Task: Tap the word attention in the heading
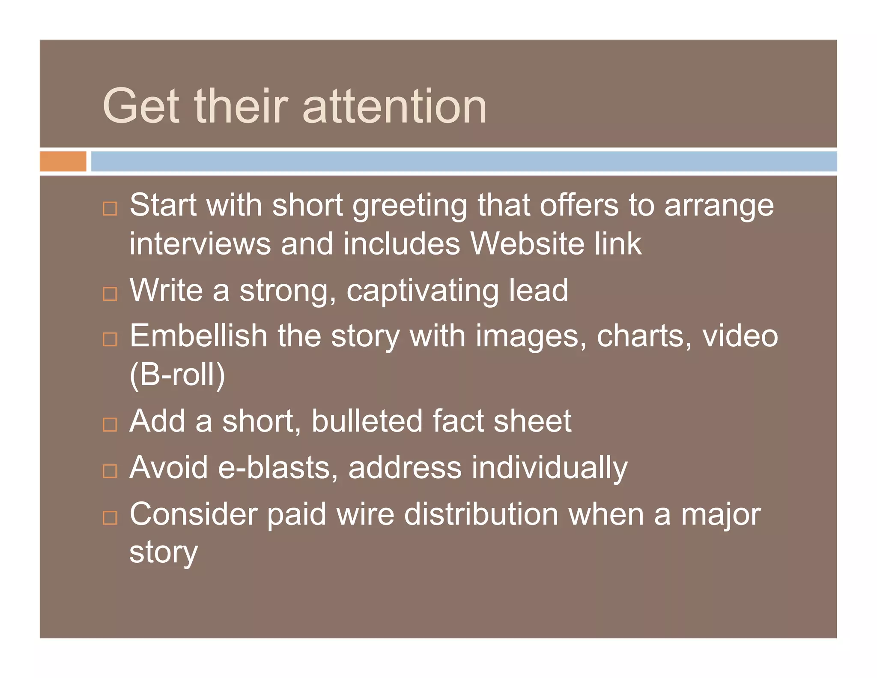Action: click(394, 106)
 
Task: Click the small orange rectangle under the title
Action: click(63, 162)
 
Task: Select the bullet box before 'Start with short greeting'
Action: click(110, 209)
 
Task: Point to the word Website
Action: click(527, 243)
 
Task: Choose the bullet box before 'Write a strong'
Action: click(110, 294)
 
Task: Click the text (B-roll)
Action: click(177, 375)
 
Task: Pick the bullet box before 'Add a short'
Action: click(110, 425)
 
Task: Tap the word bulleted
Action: click(367, 421)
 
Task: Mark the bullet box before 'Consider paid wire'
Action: click(110, 518)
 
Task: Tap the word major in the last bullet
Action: click(721, 515)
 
